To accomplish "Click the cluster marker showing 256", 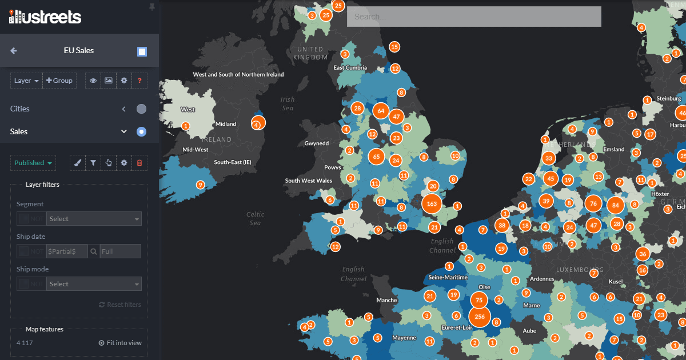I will click(480, 317).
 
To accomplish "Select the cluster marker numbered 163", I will click(432, 203).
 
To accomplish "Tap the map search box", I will click(474, 17).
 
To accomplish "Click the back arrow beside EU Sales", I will click(14, 50).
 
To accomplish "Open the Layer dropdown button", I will click(26, 81).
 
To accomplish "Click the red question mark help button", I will click(139, 81).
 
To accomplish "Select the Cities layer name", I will click(20, 109).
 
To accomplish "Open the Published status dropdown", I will click(33, 163).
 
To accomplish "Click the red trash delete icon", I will click(139, 163).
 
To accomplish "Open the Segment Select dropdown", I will click(94, 219).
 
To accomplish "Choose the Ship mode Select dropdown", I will click(94, 284).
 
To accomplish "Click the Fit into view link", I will click(120, 343).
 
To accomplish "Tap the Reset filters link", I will click(120, 305).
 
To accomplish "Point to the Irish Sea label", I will click(288, 103).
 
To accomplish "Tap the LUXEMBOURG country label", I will click(580, 270).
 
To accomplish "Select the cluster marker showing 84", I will click(615, 205).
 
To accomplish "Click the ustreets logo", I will click(45, 17).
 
